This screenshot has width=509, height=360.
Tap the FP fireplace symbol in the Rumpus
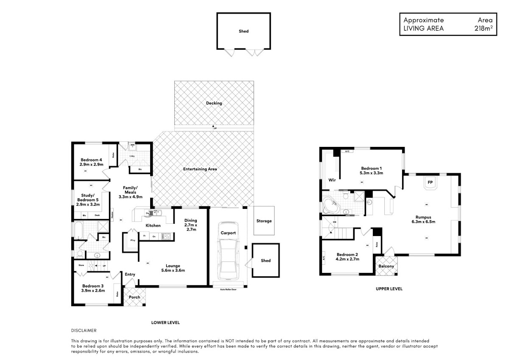430,183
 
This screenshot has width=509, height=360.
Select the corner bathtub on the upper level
331,205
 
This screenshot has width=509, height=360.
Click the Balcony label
386,267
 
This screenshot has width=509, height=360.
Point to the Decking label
214,103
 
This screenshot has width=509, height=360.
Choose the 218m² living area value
483,28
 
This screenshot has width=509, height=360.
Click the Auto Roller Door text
228,290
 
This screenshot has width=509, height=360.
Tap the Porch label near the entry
134,297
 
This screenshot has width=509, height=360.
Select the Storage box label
264,221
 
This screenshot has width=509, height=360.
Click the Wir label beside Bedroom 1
332,180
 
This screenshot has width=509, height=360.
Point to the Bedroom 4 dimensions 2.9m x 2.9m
92,164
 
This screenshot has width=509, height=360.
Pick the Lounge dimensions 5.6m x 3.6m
173,270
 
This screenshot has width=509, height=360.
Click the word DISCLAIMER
84,330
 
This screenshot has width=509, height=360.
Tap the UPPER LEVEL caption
389,289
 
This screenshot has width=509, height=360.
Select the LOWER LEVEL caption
165,323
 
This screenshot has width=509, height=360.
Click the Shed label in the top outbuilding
243,31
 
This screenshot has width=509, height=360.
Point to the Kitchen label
153,225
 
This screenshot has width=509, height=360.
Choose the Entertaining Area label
200,169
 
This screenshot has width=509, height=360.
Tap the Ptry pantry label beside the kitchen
132,241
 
